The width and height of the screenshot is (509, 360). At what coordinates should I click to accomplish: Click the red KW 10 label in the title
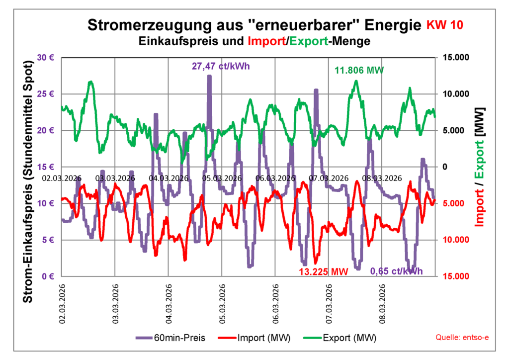pos(445,25)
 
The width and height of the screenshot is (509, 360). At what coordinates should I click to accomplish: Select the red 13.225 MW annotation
pos(323,271)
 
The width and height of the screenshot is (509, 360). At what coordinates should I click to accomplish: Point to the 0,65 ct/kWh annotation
pos(396,271)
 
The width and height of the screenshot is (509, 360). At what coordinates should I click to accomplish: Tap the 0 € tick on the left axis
pos(48,276)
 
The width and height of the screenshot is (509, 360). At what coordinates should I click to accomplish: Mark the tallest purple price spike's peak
pos(209,76)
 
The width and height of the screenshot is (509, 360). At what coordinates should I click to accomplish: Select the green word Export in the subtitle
pos(308,41)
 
